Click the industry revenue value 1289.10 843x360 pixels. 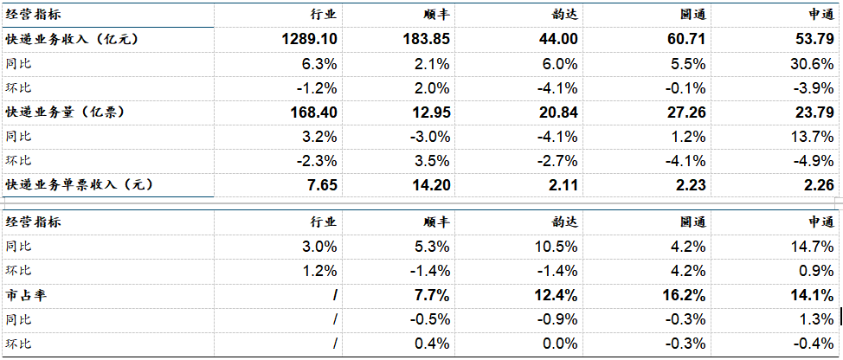pos(309,40)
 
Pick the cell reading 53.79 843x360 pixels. pos(814,40)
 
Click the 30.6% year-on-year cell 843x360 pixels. pos(812,65)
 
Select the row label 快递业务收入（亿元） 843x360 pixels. pos(72,39)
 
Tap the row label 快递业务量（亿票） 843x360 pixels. pos(65,112)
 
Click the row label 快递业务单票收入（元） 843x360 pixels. pos(79,185)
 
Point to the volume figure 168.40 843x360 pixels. pos(313,112)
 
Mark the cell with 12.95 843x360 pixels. pos(429,112)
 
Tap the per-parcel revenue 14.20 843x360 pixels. pos(429,185)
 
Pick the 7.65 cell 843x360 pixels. pos(321,185)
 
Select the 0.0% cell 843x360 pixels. pos(560,344)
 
